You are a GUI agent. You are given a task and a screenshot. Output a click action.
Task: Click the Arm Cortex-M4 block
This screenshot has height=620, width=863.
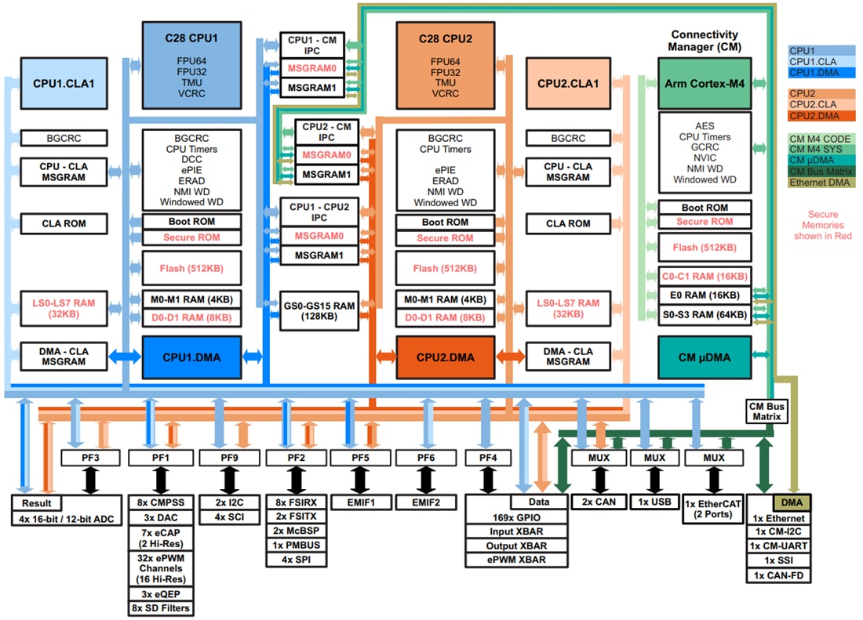[x=705, y=82]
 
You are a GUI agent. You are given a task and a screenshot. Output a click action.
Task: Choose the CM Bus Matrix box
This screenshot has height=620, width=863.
[x=766, y=411]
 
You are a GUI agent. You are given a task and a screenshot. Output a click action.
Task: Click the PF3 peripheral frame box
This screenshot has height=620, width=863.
[x=90, y=457]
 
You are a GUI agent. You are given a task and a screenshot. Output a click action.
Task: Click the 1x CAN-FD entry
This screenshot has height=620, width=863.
[x=778, y=575]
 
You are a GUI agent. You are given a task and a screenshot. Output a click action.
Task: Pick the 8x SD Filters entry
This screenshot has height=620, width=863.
[x=160, y=607]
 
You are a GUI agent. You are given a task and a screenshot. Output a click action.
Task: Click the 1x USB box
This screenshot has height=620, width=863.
[x=654, y=502]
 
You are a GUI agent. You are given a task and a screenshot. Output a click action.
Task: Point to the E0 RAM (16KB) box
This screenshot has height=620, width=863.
[x=705, y=295]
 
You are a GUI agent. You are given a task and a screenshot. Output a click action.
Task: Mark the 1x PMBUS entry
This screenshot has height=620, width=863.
[x=297, y=546]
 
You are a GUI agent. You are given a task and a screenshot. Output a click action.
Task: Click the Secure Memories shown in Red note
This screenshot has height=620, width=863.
[x=822, y=225]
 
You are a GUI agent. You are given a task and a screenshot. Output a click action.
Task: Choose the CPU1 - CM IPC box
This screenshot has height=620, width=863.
[x=312, y=44]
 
